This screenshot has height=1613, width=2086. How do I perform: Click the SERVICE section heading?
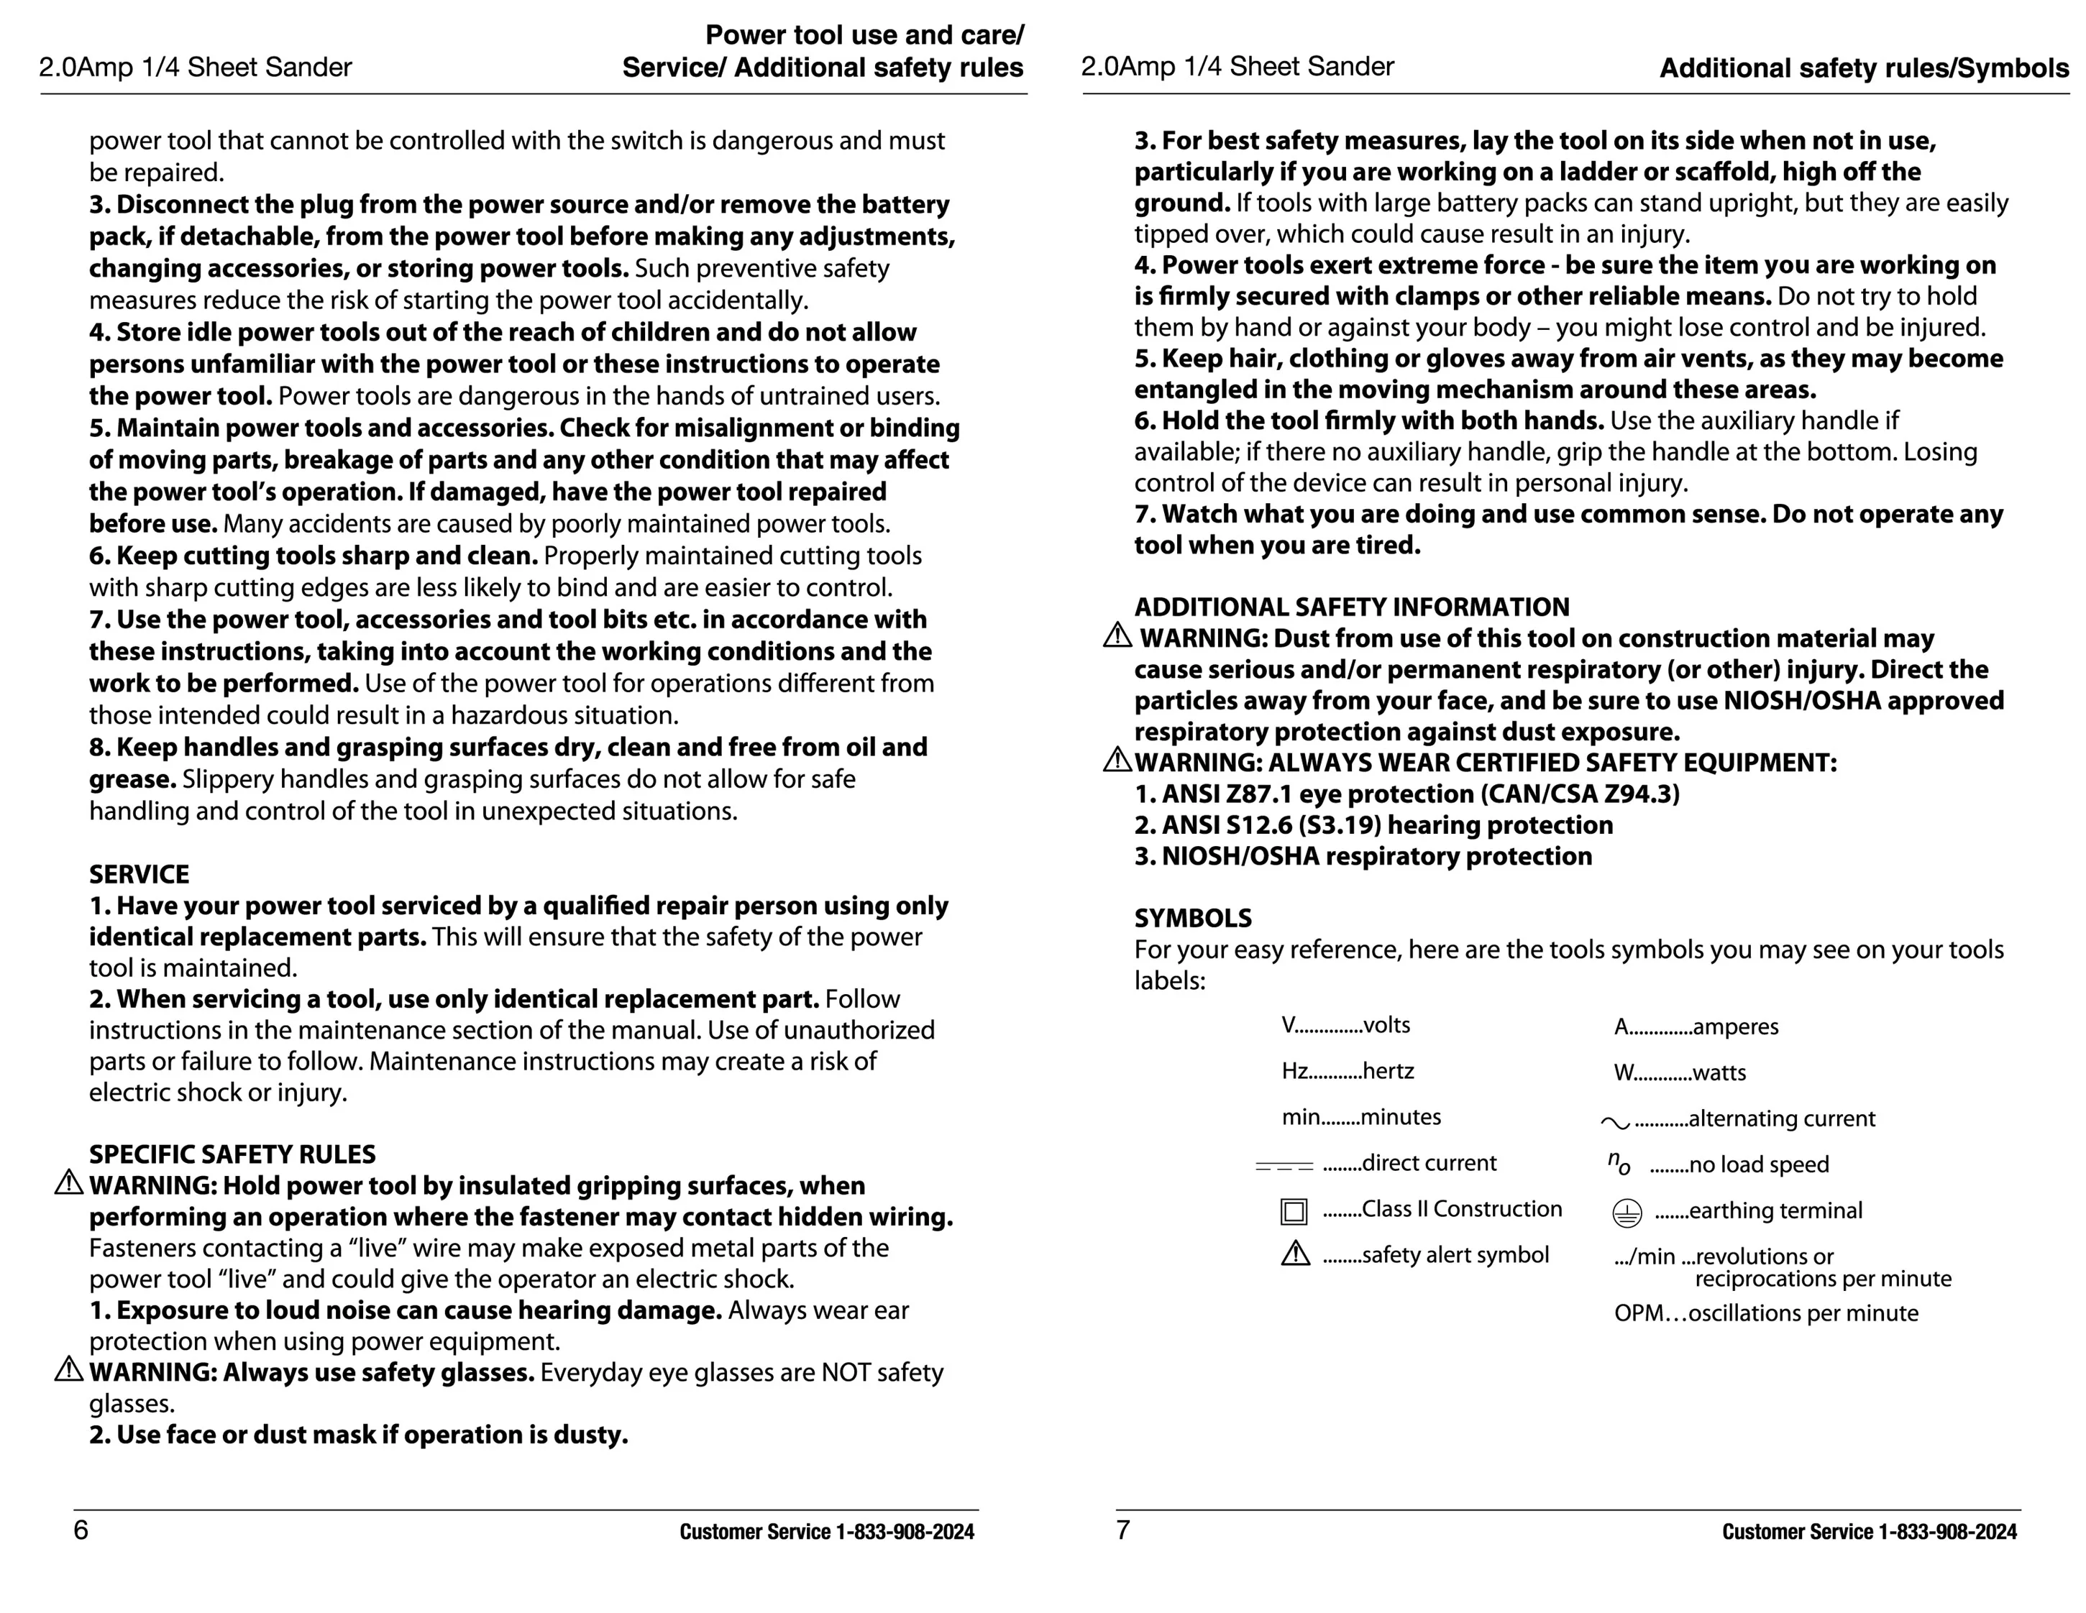coord(139,874)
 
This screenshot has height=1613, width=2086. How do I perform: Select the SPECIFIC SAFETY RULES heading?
coord(232,1154)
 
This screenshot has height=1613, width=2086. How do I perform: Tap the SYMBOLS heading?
coord(1192,918)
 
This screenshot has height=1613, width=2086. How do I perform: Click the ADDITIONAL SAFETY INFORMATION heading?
coord(1352,607)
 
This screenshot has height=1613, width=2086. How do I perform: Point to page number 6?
coord(81,1530)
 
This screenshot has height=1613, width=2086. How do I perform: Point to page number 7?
coord(1123,1530)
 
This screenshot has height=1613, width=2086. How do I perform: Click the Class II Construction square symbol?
coord(1294,1211)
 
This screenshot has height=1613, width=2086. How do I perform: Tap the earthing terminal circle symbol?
coord(1627,1213)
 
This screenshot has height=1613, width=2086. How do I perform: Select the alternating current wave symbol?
coord(1615,1123)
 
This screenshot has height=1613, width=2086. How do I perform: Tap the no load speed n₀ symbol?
coord(1619,1162)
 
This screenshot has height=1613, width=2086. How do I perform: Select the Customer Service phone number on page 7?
coord(1947,1532)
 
